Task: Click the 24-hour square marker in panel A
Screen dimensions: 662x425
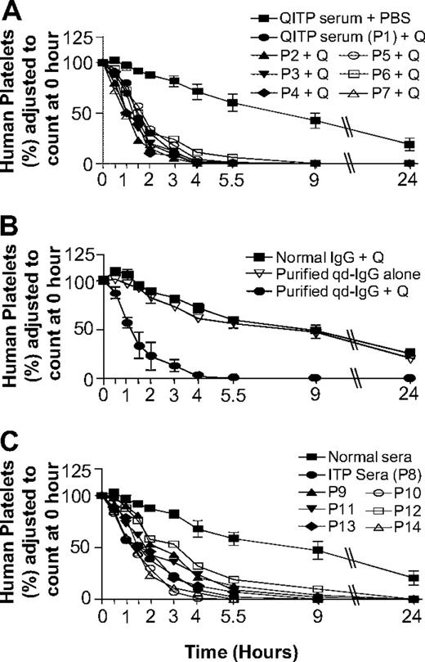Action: point(408,144)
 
